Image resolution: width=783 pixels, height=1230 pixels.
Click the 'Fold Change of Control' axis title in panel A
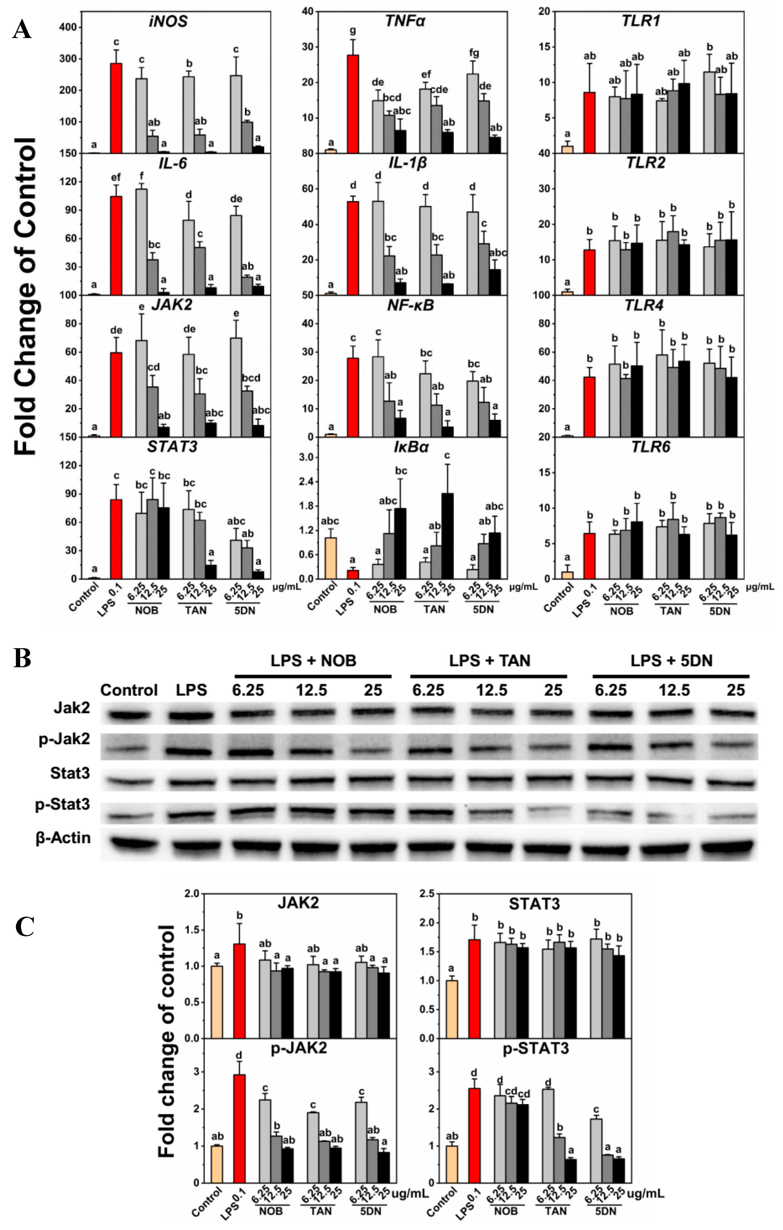click(26, 296)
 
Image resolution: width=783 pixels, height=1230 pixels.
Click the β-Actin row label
click(63, 838)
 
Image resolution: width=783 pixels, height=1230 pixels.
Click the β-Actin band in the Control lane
click(129, 843)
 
